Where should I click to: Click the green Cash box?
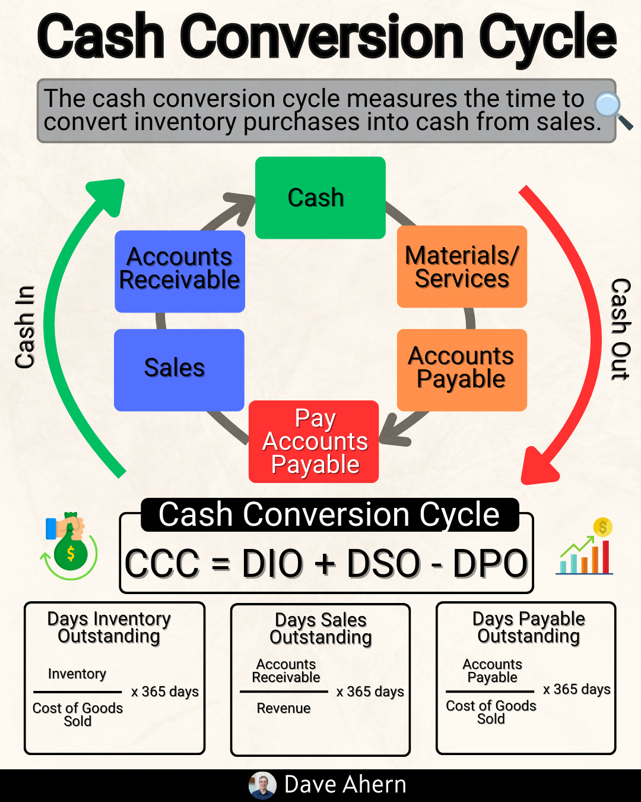[x=320, y=198]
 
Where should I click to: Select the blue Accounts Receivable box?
[x=180, y=271]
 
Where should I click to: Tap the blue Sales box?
[x=179, y=370]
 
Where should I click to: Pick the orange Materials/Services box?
[x=462, y=267]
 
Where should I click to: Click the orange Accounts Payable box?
[x=462, y=370]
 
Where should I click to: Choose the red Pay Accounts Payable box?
[x=314, y=441]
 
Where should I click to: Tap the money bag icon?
[x=69, y=546]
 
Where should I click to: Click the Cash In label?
[x=26, y=327]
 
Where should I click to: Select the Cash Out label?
[x=620, y=329]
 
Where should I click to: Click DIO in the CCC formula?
[x=272, y=564]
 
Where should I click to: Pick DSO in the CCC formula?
[x=383, y=564]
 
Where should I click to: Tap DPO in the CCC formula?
[x=490, y=564]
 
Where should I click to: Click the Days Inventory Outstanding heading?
[x=109, y=627]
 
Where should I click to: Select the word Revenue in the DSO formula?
[x=284, y=708]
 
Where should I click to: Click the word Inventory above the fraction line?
[x=77, y=674]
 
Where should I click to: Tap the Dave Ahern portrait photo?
[x=262, y=785]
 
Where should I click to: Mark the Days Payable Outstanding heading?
[x=528, y=627]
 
